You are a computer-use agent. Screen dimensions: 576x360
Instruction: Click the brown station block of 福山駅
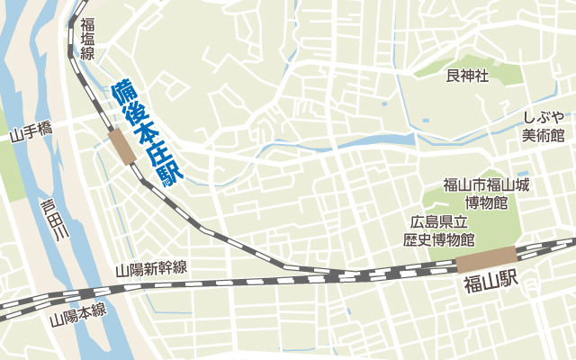(x=486, y=259)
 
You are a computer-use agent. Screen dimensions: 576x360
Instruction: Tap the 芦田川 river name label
(x=51, y=220)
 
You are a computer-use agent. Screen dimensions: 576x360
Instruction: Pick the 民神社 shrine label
(x=467, y=76)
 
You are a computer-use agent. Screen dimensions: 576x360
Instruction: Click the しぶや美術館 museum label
(x=544, y=126)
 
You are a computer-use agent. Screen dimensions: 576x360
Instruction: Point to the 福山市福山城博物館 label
(x=486, y=193)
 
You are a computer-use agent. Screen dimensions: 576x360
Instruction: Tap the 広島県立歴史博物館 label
(x=438, y=231)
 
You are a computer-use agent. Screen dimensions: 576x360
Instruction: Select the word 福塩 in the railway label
(x=87, y=32)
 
